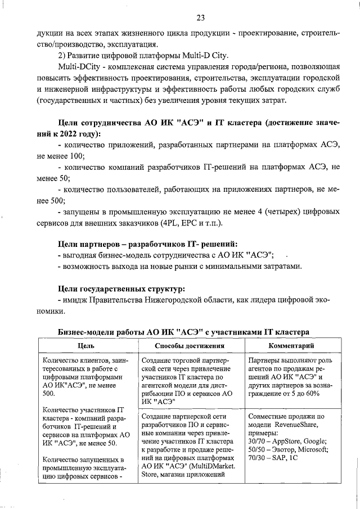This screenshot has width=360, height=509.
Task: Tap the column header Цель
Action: [x=86, y=345]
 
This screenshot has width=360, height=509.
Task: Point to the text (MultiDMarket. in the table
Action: [x=214, y=465]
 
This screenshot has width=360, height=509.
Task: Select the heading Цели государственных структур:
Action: [x=121, y=289]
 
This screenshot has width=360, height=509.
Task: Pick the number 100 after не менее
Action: [x=75, y=155]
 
